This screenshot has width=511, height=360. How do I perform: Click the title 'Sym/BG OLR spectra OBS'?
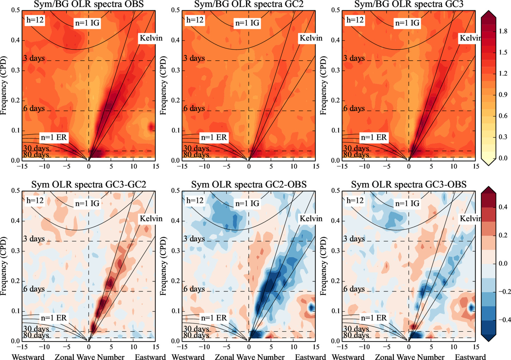(x=89, y=4)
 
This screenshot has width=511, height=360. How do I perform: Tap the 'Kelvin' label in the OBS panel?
(x=151, y=38)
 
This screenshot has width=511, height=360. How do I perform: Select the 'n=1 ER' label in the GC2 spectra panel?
(x=214, y=137)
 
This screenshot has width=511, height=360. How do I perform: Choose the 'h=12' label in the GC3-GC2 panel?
(x=35, y=200)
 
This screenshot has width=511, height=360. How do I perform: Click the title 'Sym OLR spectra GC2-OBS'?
(x=249, y=185)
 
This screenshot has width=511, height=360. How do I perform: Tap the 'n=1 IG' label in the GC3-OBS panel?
(x=407, y=203)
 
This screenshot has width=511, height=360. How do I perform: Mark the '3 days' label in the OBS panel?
(x=34, y=58)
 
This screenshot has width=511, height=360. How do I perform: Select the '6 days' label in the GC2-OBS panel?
(x=194, y=289)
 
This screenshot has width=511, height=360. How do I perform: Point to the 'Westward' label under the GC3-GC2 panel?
(x=28, y=357)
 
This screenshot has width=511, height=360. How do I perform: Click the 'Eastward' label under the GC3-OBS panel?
(x=470, y=357)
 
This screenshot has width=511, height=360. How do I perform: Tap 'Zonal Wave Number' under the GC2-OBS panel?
(x=250, y=357)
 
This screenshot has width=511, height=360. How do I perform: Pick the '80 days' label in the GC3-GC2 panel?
(x=36, y=335)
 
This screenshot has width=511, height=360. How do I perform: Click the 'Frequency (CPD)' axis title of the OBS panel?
(x=4, y=85)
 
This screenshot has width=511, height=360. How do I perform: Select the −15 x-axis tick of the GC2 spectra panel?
(x=182, y=166)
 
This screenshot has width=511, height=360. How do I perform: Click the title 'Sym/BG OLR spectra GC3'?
(x=409, y=4)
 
